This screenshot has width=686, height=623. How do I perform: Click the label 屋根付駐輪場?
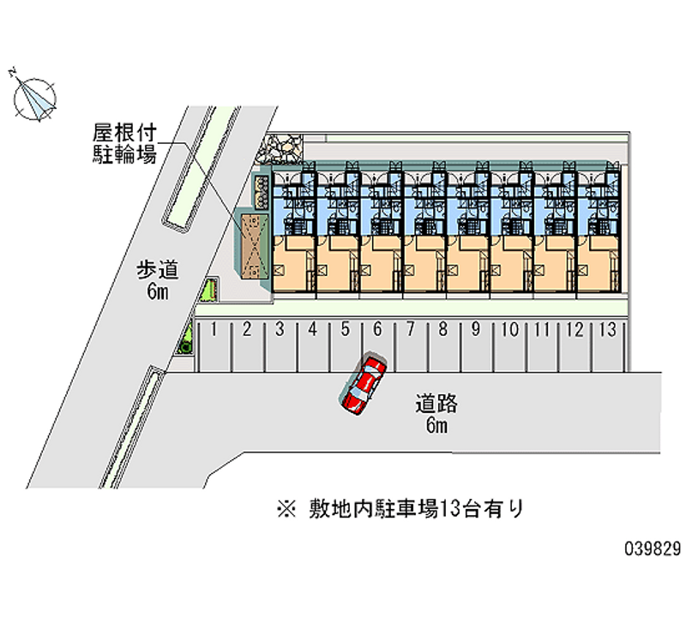124,143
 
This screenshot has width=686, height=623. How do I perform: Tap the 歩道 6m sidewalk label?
158,280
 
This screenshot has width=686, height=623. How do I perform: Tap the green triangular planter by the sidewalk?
208,291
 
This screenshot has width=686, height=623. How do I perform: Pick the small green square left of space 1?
185,345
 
